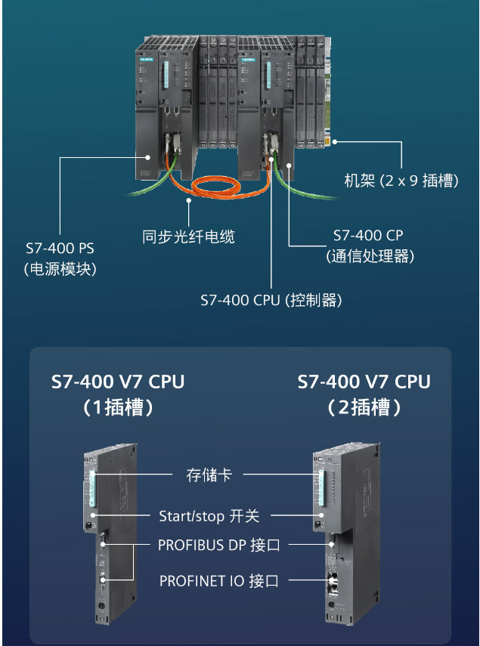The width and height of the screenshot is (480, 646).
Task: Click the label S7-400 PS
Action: pyautogui.click(x=60, y=247)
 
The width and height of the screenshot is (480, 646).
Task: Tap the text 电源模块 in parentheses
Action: pyautogui.click(x=60, y=268)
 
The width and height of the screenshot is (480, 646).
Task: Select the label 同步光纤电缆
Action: pyautogui.click(x=188, y=236)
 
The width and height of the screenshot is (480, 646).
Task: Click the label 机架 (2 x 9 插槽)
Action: pyautogui.click(x=401, y=181)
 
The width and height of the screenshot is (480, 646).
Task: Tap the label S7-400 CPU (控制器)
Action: pyautogui.click(x=271, y=300)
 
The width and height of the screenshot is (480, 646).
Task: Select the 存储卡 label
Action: pyautogui.click(x=209, y=475)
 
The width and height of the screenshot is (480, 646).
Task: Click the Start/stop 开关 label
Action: pyautogui.click(x=209, y=516)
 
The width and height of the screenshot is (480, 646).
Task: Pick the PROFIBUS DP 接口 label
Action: pyautogui.click(x=218, y=545)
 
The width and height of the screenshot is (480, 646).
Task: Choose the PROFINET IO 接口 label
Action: pyautogui.click(x=218, y=581)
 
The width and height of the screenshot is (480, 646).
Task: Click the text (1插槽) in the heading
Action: pyautogui.click(x=118, y=408)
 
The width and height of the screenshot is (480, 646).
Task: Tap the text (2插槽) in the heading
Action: pyautogui.click(x=364, y=408)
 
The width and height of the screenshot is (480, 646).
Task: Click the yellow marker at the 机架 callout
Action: pyautogui.click(x=329, y=141)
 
